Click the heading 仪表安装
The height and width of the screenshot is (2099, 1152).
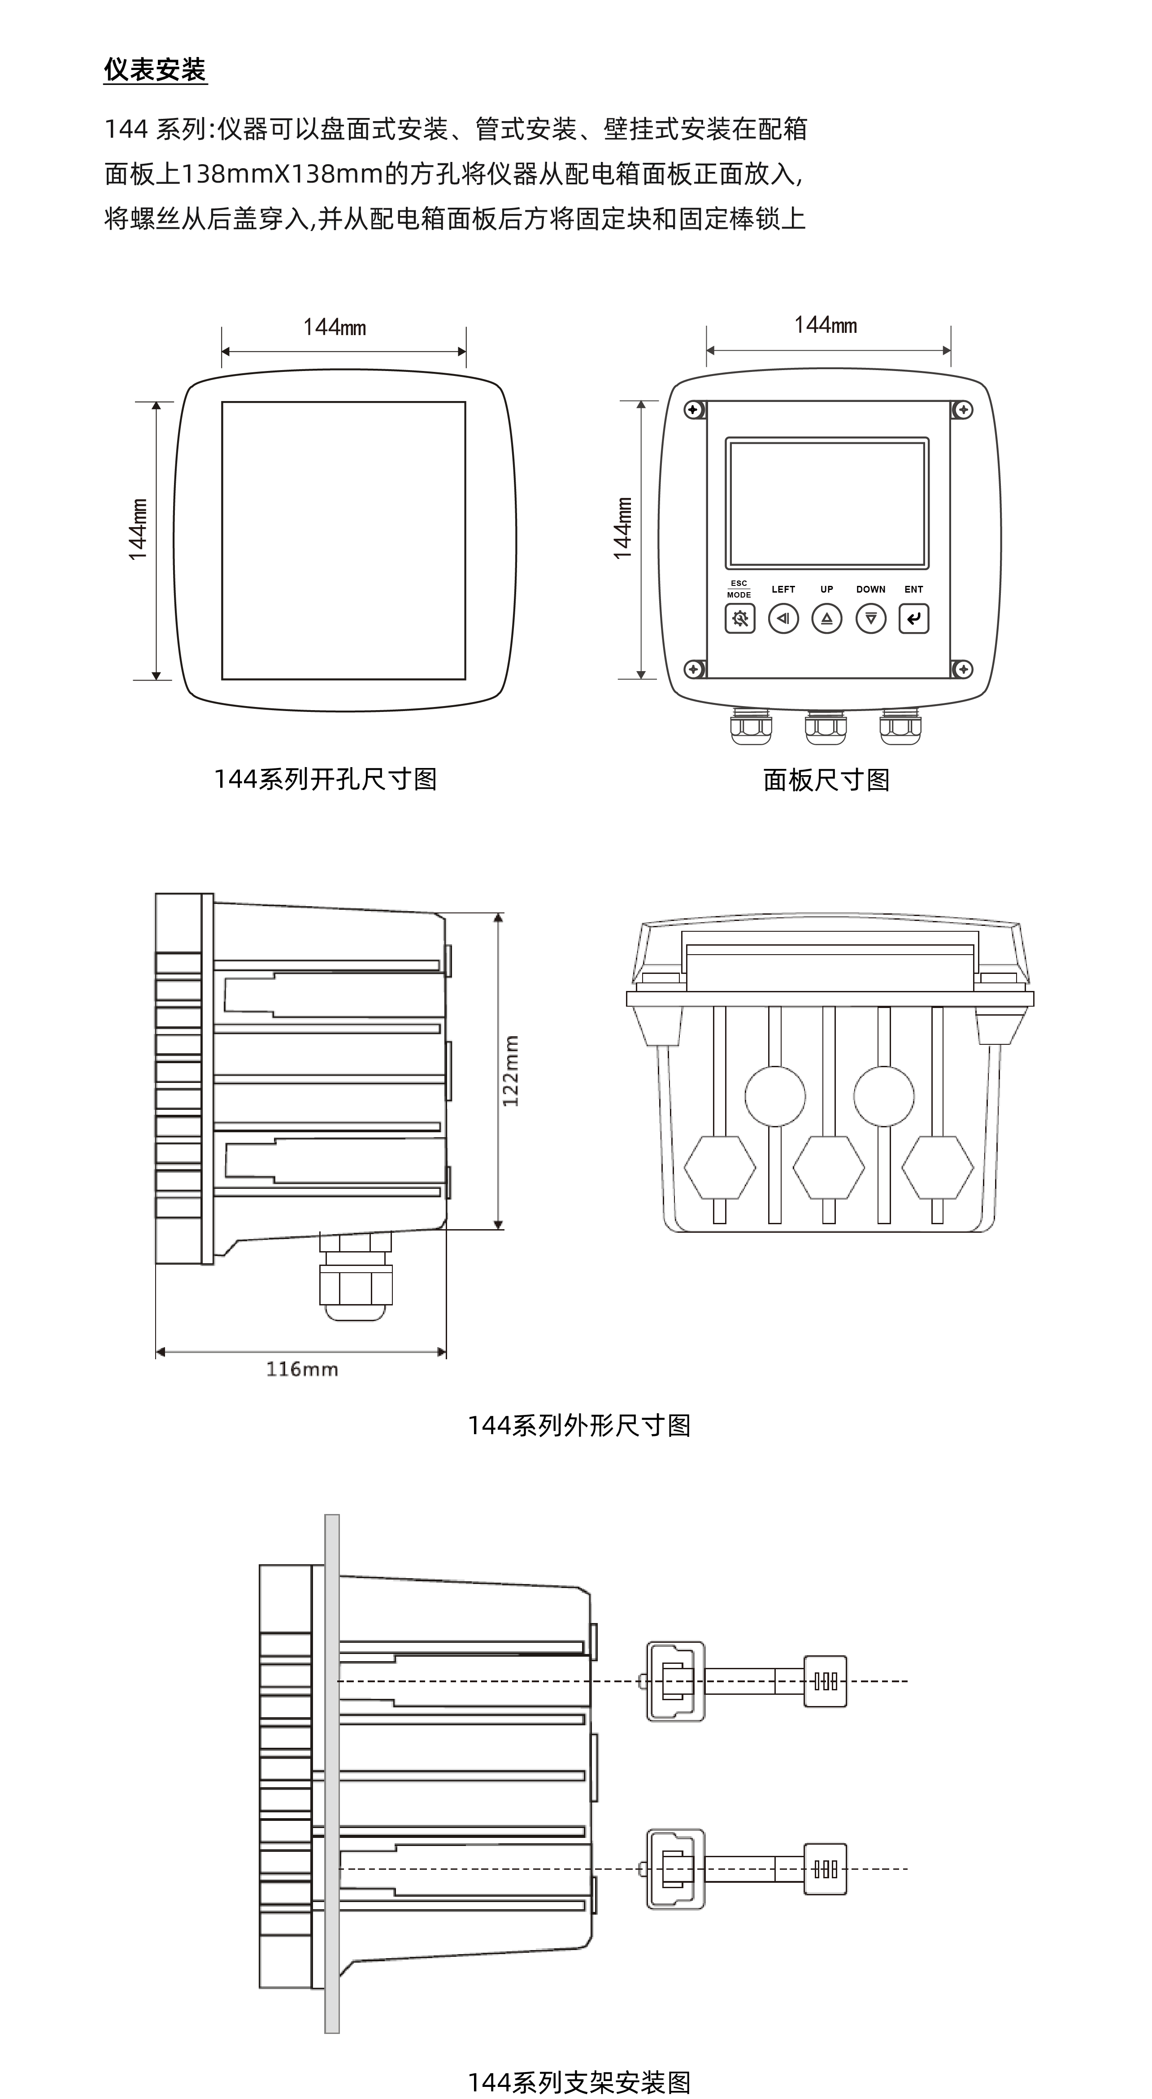point(155,70)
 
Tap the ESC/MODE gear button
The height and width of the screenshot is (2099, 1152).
point(740,619)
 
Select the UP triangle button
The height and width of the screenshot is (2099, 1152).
point(827,619)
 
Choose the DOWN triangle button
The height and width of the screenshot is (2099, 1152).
point(870,619)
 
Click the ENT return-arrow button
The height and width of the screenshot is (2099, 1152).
point(913,619)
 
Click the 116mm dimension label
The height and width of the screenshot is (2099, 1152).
point(301,1369)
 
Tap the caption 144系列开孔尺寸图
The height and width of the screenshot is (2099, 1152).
point(325,779)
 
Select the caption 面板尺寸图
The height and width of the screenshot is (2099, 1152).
point(826,780)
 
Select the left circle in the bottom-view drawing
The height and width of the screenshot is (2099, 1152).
point(775,1096)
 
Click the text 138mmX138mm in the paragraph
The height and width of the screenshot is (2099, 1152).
point(281,174)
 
